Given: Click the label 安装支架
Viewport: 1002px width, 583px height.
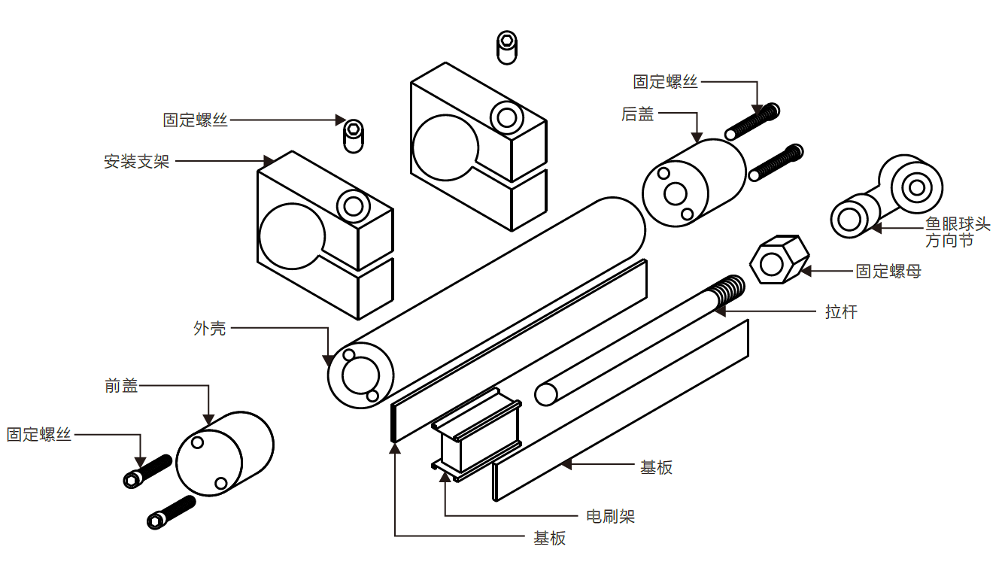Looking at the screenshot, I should click(x=136, y=161).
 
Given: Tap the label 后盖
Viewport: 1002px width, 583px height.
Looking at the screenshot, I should click(x=637, y=114).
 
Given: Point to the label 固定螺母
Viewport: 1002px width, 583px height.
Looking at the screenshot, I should click(x=888, y=271).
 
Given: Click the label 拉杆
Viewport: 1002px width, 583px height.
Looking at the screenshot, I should click(x=840, y=311).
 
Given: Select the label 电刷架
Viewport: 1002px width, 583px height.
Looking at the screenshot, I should click(x=610, y=516).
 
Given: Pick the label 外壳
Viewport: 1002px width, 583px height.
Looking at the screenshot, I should click(x=209, y=328).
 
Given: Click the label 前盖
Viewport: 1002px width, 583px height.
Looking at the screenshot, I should click(x=121, y=386).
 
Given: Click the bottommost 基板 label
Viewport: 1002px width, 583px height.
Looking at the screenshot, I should click(x=549, y=538).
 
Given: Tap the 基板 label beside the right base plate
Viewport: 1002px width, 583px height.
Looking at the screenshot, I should click(x=656, y=467).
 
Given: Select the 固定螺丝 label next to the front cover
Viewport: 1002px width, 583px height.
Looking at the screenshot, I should click(x=39, y=434).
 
